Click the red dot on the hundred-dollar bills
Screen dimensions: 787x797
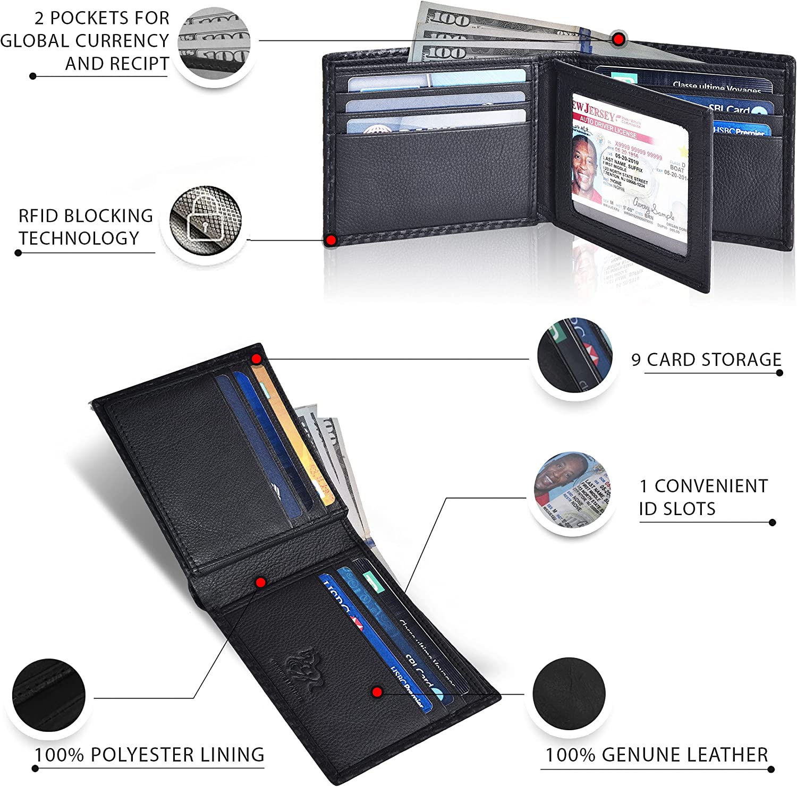pyautogui.click(x=617, y=39)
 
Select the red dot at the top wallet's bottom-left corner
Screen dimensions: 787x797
pyautogui.click(x=331, y=240)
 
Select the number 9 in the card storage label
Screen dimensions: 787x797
pyautogui.click(x=636, y=360)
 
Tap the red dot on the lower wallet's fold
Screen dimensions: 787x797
pyautogui.click(x=260, y=583)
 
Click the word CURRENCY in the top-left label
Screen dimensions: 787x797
pyautogui.click(x=123, y=41)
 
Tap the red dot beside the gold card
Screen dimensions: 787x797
pyautogui.click(x=257, y=359)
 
